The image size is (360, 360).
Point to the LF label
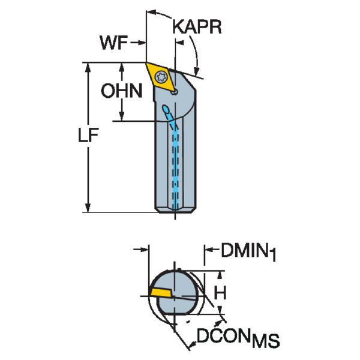pos(88,136)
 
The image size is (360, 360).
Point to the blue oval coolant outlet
pos(166,109)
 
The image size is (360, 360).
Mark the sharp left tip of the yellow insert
pos(146,64)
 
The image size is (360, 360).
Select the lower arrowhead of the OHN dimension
pos(122,117)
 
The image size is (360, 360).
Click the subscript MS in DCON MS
pos(266,343)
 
